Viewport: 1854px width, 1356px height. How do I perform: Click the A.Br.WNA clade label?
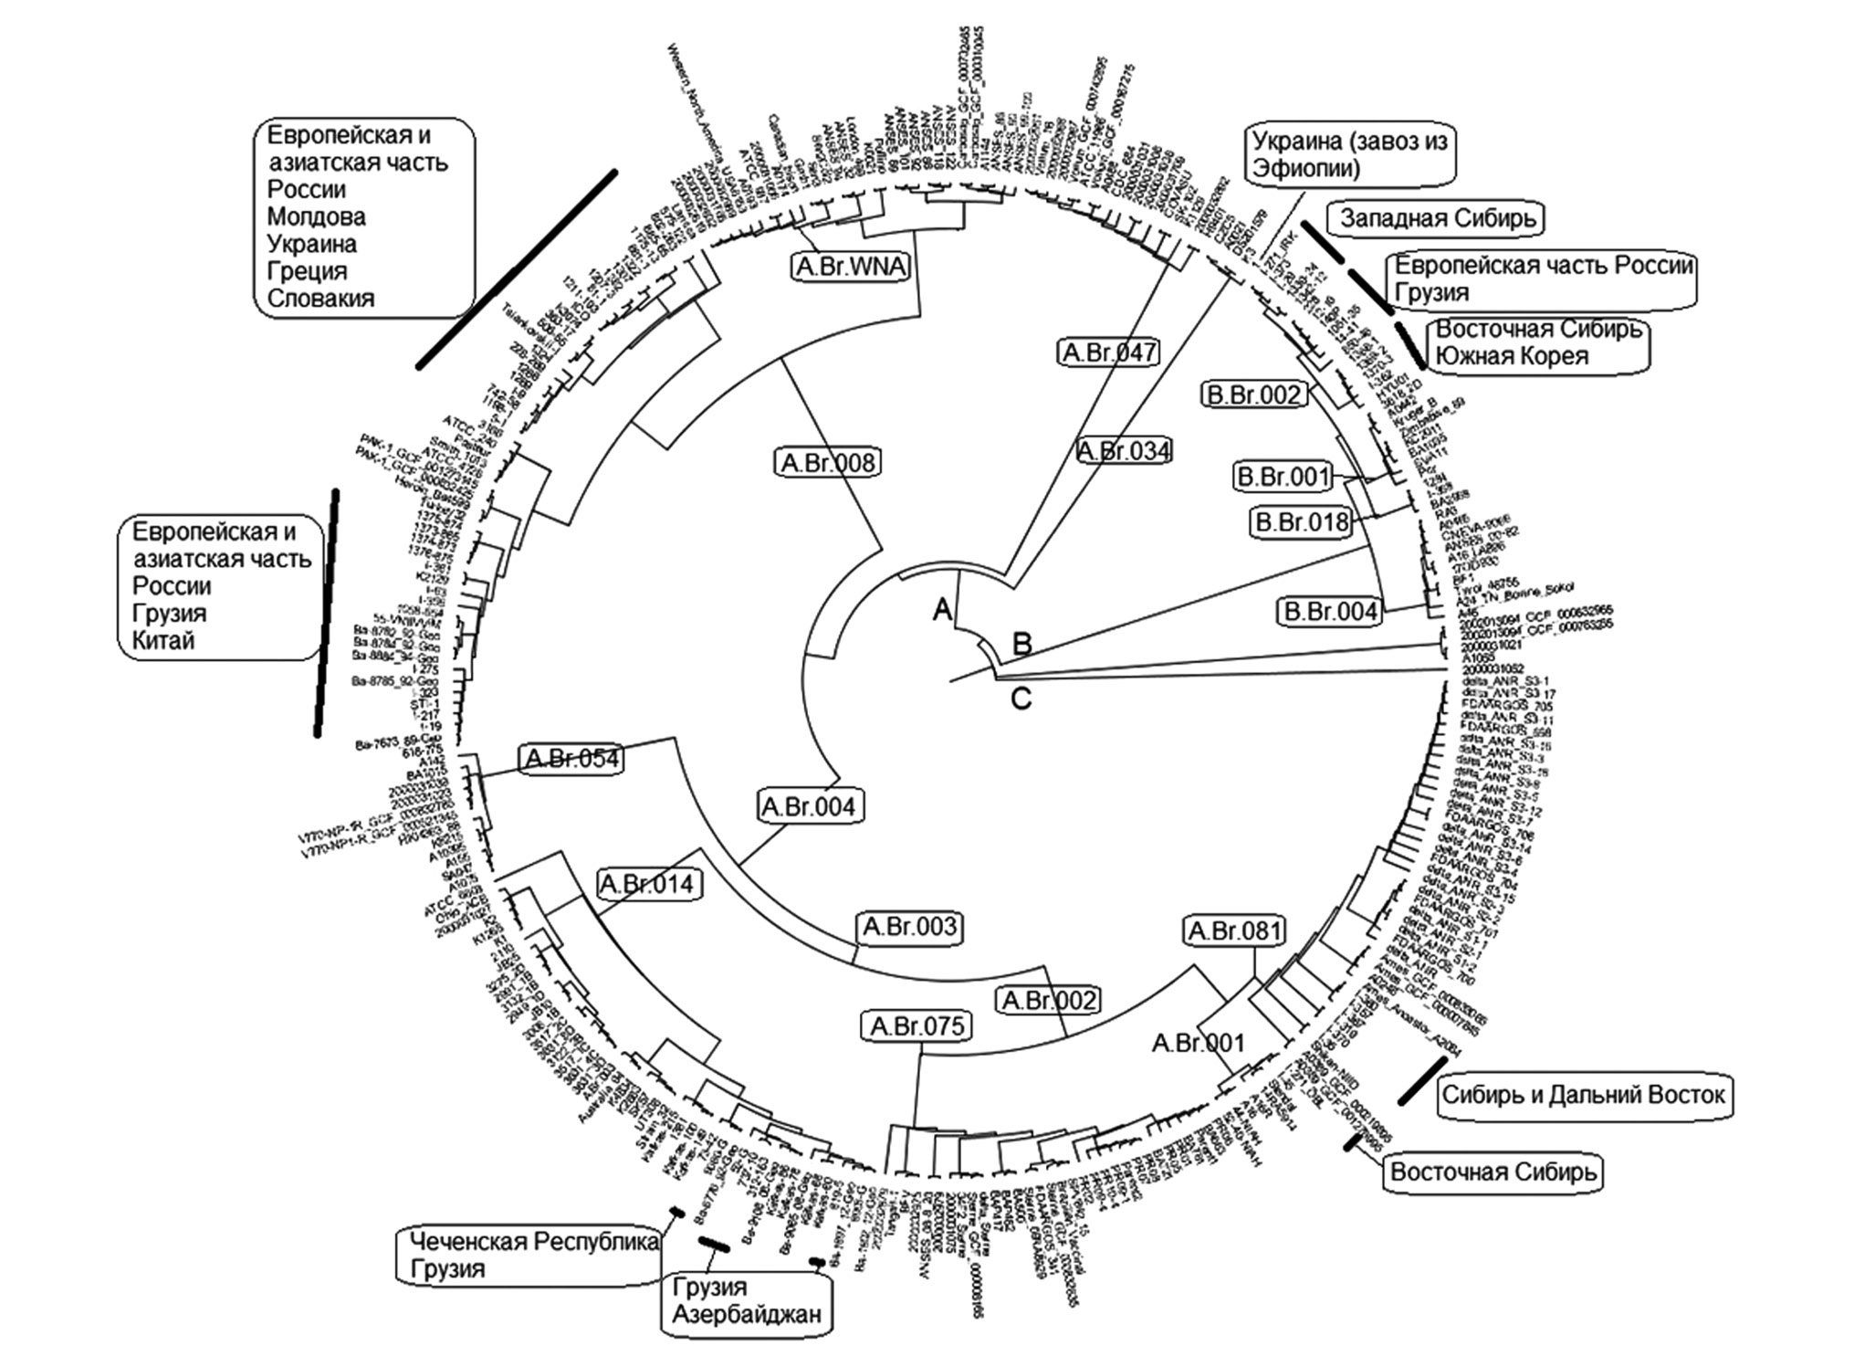tap(850, 267)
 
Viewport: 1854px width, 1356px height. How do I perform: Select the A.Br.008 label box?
tap(829, 463)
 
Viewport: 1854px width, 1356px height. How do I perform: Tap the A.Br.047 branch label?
tap(1109, 352)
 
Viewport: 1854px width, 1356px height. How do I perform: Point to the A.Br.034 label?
tap(1123, 451)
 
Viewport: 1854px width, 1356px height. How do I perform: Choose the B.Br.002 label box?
tap(1254, 394)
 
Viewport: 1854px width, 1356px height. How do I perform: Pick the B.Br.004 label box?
tap(1330, 612)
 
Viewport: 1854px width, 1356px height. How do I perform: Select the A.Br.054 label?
tap(571, 759)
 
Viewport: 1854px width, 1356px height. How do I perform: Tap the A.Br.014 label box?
tap(649, 884)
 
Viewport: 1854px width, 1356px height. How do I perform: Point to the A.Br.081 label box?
tap(1235, 931)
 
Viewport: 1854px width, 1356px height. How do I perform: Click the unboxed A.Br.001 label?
tap(1198, 1043)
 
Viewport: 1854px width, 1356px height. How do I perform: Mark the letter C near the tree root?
tap(1021, 699)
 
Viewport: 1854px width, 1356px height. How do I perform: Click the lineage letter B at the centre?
tap(1022, 644)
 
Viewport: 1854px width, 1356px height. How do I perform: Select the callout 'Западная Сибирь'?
tap(1437, 219)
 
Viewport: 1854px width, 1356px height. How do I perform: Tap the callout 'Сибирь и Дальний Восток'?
tap(1583, 1094)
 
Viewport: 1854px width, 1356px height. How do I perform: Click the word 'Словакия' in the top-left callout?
tap(320, 299)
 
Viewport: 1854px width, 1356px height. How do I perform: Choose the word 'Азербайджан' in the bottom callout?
tap(747, 1315)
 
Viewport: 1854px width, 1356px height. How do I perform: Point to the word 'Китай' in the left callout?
tap(163, 640)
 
